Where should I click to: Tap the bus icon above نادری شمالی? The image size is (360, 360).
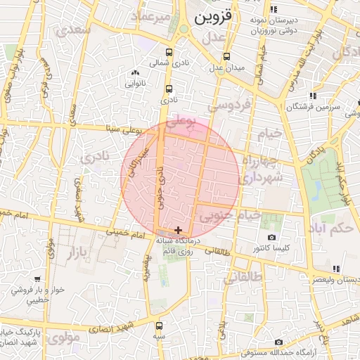click(x=168, y=52)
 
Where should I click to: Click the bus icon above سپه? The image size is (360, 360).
click(x=159, y=326)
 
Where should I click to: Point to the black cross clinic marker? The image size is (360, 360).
click(x=179, y=230)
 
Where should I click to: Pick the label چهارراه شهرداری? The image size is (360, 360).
click(x=261, y=169)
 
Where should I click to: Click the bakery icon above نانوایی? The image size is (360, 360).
click(x=135, y=73)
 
